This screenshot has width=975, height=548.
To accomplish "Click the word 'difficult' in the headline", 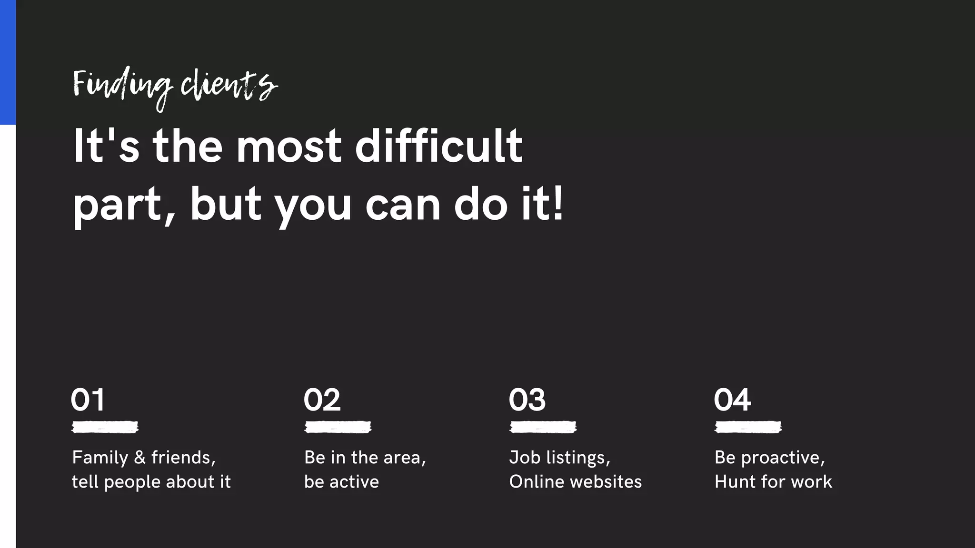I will (x=438, y=146).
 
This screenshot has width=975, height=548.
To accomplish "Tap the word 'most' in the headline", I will (x=289, y=146).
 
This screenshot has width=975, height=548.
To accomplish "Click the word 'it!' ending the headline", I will (x=542, y=205).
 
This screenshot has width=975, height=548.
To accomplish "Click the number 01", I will (x=88, y=400).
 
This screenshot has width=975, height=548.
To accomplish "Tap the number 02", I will (x=322, y=400).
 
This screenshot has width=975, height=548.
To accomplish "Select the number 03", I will (x=527, y=400).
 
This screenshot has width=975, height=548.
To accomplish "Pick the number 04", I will (x=732, y=400).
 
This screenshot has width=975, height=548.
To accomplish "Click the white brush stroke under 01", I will (x=105, y=427).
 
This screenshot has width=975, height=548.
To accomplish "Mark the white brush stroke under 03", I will (x=543, y=427).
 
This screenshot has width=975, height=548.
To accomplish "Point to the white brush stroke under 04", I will (x=748, y=427).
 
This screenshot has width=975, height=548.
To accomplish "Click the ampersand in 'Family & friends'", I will (x=139, y=458).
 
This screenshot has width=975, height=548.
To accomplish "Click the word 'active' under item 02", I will (x=354, y=482).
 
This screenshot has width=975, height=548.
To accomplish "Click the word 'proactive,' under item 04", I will (x=783, y=458).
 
